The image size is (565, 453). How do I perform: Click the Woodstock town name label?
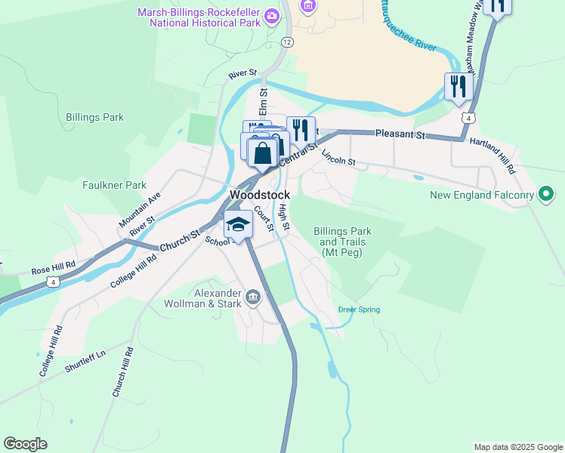coord(259,195)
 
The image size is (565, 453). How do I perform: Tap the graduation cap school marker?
coord(239,225)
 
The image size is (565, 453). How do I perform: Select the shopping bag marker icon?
coord(262,153)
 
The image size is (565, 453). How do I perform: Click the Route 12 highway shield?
coord(286,43)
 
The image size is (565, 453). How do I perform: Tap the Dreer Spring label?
coord(359,310)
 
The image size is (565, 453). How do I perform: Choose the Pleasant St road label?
coord(400,135)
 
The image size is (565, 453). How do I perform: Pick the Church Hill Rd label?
coord(123,372)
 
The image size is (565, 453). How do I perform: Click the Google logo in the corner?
coord(25,444)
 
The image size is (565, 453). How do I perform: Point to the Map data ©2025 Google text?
coord(517,447)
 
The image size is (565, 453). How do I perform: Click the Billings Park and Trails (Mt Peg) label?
coord(343,242)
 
